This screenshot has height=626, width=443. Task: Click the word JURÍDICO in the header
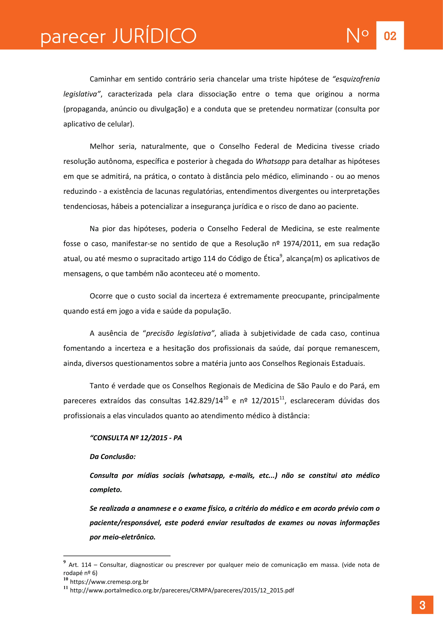[154, 36]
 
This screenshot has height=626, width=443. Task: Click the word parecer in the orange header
[73, 37]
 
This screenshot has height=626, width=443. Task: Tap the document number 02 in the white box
[390, 36]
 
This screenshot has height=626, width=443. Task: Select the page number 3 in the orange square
[422, 605]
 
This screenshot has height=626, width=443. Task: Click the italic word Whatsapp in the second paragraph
[272, 161]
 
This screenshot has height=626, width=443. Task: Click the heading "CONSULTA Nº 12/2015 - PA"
[136, 438]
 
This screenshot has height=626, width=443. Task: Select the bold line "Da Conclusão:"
[113, 457]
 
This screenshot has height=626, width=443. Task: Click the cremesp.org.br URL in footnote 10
[109, 582]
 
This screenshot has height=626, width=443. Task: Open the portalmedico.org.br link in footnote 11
[182, 590]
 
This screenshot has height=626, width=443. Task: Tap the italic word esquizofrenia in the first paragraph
[357, 79]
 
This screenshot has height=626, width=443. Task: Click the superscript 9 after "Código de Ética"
[281, 256]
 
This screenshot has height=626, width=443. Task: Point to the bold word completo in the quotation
[106, 490]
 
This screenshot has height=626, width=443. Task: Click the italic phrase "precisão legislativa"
[179, 333]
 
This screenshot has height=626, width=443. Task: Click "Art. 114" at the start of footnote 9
[80, 565]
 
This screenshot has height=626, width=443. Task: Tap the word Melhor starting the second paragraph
[102, 146]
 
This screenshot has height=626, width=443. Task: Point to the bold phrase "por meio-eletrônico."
[122, 537]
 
